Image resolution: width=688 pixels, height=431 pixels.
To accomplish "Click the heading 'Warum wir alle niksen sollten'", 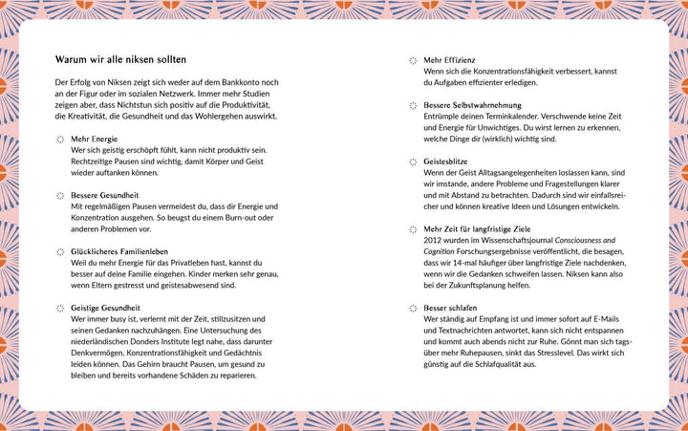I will tap(120, 59).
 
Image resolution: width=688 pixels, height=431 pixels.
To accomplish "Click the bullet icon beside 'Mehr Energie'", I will tap(60, 140).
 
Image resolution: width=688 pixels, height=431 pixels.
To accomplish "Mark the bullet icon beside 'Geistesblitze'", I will tap(414, 162).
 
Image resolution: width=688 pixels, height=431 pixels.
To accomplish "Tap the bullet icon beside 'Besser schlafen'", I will tap(414, 309).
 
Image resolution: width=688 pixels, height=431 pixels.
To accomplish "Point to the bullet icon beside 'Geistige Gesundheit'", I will tap(60, 309).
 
